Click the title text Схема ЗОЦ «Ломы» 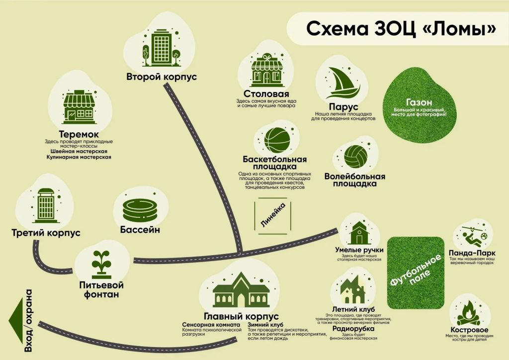[401, 29]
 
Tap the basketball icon [277, 140]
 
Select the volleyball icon [356, 157]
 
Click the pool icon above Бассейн [140, 211]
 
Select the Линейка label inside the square [273, 215]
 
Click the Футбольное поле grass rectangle [416, 272]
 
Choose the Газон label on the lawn [419, 102]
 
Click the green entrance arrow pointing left [16, 320]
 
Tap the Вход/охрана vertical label [28, 321]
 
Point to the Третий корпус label [46, 233]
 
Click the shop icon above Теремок [79, 107]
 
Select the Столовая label [266, 94]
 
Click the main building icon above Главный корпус [241, 290]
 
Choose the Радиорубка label [353, 329]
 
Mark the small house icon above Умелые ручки [359, 233]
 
